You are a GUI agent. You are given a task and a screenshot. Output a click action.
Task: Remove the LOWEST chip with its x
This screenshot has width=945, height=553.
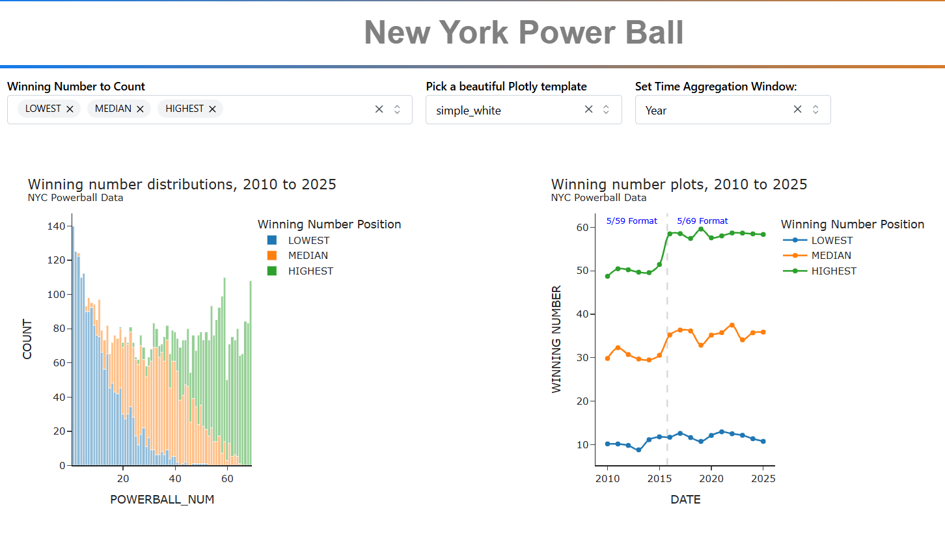click(x=70, y=109)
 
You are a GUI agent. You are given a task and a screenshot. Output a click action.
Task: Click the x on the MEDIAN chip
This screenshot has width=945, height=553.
click(x=140, y=109)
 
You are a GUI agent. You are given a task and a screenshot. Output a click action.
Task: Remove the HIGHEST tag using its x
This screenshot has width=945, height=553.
click(x=212, y=109)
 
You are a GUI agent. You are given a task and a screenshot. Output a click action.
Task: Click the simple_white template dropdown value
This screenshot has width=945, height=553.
click(x=469, y=111)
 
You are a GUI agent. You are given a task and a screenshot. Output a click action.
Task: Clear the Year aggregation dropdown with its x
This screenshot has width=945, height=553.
click(x=797, y=109)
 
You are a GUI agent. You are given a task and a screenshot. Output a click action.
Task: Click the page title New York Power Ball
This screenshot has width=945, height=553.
click(x=523, y=33)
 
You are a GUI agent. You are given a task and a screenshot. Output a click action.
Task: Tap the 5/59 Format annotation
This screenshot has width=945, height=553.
click(x=631, y=221)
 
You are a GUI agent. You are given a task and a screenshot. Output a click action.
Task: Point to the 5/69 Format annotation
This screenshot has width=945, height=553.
click(x=702, y=221)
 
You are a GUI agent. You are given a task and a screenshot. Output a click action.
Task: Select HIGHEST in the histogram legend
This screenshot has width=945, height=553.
click(x=310, y=271)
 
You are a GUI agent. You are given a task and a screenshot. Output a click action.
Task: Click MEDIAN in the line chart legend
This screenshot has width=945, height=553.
click(x=831, y=256)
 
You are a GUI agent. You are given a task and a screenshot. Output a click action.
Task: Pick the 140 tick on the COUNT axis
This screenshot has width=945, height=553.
click(x=56, y=226)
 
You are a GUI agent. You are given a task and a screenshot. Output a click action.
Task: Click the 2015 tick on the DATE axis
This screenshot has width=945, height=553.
click(x=659, y=479)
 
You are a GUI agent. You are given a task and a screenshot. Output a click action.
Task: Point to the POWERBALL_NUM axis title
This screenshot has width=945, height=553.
click(x=162, y=500)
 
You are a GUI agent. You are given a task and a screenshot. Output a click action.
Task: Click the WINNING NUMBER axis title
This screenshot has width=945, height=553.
click(x=556, y=339)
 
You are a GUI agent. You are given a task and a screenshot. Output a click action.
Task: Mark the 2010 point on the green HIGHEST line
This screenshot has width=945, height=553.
click(x=608, y=276)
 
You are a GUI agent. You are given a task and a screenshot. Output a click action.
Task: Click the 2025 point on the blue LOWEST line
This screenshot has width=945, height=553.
click(x=763, y=441)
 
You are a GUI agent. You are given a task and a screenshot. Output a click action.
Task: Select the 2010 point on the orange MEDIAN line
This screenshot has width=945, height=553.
click(x=608, y=358)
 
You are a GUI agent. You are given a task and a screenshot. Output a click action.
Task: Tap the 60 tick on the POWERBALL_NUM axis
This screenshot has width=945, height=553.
click(x=227, y=479)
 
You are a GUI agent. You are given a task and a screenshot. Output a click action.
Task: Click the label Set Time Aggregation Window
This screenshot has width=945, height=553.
click(x=716, y=87)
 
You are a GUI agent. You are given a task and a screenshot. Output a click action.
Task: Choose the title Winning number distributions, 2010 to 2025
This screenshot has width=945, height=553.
click(x=182, y=185)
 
